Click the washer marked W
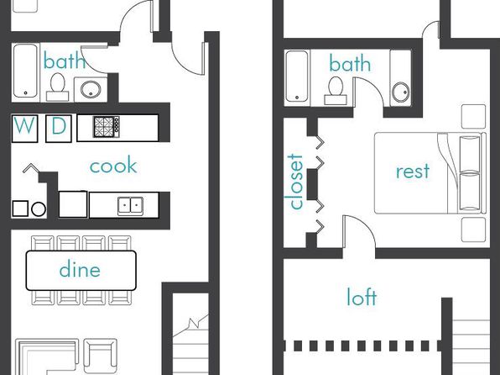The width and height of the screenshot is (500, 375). (x=24, y=129)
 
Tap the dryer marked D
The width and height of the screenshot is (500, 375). (x=59, y=129)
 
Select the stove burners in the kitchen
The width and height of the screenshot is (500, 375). (x=107, y=127)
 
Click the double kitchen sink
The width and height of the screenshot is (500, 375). (x=130, y=206)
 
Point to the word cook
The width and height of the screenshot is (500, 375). (x=113, y=166)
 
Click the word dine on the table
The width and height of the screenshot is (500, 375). (x=80, y=269)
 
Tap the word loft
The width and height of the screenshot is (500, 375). (x=362, y=297)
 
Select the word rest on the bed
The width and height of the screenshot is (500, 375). (x=413, y=171)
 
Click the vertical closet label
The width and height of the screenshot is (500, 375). (x=295, y=182)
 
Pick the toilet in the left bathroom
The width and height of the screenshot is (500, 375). (x=57, y=87)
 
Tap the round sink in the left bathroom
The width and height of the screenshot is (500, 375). (x=91, y=89)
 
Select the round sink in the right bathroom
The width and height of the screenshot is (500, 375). (x=400, y=92)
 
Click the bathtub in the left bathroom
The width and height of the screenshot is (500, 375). (x=25, y=71)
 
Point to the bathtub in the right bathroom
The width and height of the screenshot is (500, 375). (x=297, y=76)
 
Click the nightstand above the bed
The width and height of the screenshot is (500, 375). (x=473, y=117)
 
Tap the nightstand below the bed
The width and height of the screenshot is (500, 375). (x=473, y=230)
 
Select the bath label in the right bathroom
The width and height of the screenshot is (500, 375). (x=350, y=63)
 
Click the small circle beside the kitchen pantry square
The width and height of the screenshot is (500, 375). (x=39, y=209)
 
